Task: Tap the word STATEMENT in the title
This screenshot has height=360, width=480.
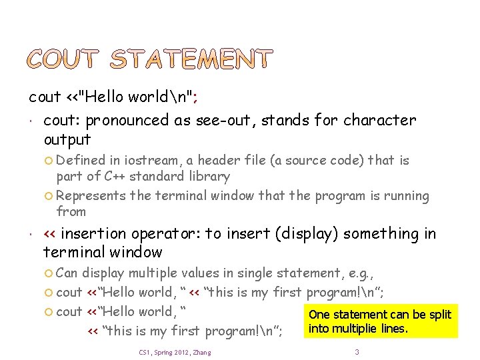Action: coord(191,59)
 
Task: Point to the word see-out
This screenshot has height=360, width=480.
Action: coord(226,121)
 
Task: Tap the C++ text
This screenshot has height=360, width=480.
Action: coord(112,177)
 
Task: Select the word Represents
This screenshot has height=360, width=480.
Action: coord(91,196)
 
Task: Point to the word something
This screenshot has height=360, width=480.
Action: coord(377,234)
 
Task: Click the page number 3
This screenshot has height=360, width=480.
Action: coord(357,351)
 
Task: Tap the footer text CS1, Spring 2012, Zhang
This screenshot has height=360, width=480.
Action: coord(175,352)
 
